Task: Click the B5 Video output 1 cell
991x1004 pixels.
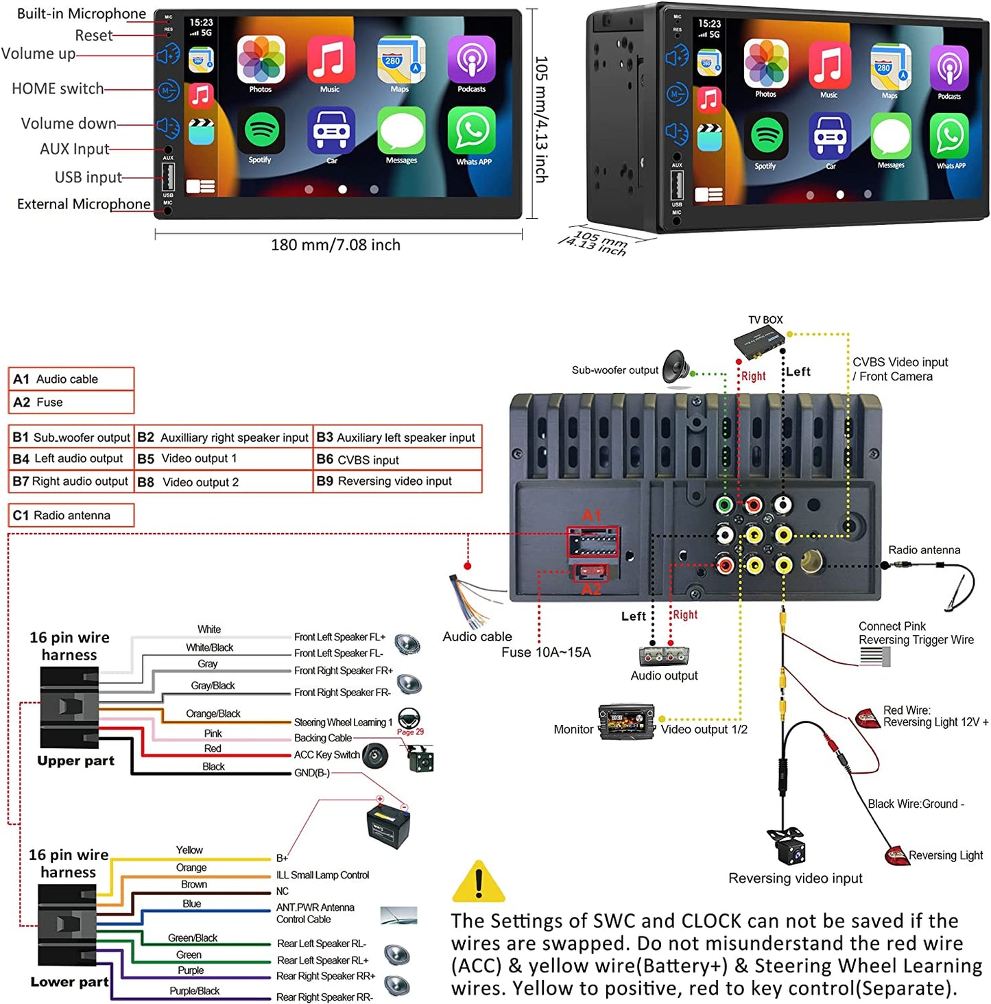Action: point(223,459)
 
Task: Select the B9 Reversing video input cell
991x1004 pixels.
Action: point(397,481)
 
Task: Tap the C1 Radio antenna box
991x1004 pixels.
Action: point(71,515)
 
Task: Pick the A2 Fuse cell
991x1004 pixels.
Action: point(71,402)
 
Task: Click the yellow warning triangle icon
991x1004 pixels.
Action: point(478,882)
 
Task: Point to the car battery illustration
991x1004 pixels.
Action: point(388,825)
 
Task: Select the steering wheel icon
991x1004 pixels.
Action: point(409,718)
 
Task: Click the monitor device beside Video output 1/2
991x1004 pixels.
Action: point(625,722)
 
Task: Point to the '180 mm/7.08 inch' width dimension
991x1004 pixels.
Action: point(335,245)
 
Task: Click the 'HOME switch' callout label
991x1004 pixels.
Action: point(58,88)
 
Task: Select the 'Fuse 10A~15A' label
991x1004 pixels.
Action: point(546,652)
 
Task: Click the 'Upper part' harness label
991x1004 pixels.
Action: point(75,761)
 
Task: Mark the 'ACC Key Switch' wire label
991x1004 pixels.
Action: point(326,755)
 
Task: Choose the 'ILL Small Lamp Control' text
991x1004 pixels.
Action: point(322,875)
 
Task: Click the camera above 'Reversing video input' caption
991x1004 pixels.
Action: point(786,846)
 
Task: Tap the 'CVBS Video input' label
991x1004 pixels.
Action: point(900,362)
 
